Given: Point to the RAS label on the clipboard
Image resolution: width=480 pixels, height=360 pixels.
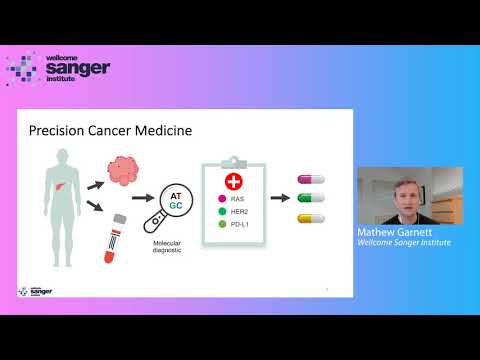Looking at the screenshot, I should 238,199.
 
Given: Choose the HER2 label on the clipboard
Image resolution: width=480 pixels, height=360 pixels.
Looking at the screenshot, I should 240,211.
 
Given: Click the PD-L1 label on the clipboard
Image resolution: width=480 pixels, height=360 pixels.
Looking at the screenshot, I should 241,223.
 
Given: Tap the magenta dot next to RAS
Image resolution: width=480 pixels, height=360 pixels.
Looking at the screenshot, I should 221,199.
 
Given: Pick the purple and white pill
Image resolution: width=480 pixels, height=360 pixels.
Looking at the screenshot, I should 312,180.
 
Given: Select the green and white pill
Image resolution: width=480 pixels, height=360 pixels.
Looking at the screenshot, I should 312,199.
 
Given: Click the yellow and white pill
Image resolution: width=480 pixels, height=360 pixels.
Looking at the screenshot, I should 312,218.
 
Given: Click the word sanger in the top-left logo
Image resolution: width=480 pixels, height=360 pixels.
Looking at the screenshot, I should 78,68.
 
